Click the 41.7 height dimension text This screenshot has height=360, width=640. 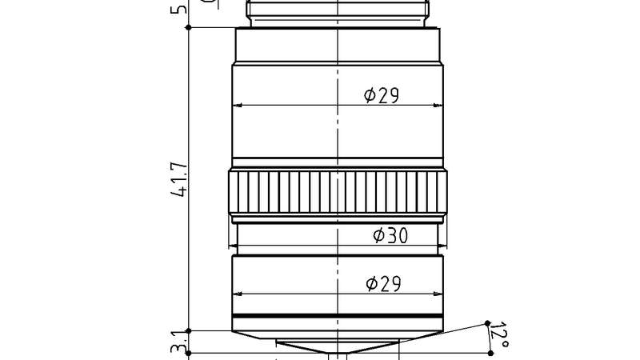(179, 180)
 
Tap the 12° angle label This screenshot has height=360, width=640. (498, 335)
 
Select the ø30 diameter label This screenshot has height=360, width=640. (391, 235)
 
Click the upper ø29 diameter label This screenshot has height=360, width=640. (381, 95)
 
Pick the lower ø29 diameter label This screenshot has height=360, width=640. (382, 283)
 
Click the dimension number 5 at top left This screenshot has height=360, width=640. (179, 10)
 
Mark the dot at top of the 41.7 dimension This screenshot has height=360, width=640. (188, 27)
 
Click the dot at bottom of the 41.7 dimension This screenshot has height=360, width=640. (188, 330)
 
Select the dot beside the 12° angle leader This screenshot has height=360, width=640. (486, 323)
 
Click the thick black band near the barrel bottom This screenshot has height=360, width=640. (337, 315)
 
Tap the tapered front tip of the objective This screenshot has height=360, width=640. (337, 345)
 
